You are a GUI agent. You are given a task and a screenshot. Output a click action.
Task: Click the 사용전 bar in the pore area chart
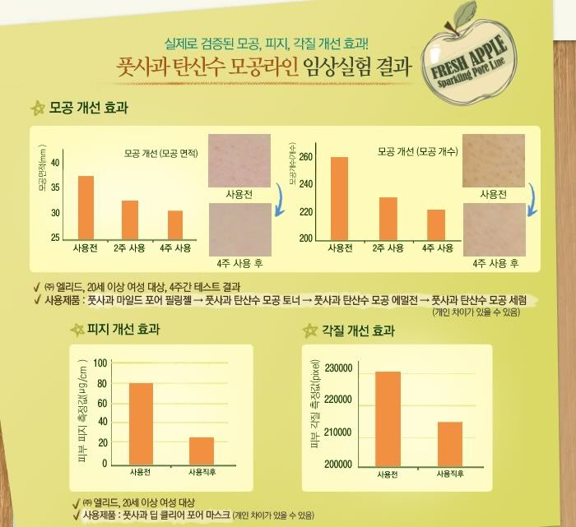86,206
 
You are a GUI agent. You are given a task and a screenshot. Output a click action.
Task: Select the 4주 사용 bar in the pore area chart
175,224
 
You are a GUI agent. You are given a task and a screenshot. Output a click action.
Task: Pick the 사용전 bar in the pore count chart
339,197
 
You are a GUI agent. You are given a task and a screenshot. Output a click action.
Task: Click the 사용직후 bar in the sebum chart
202,451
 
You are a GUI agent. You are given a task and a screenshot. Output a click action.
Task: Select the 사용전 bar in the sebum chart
142,423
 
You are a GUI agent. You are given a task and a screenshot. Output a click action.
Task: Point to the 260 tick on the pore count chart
305,157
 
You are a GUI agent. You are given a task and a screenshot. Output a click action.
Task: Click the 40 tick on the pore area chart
55,163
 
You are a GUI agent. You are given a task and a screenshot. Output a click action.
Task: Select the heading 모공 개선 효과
89,108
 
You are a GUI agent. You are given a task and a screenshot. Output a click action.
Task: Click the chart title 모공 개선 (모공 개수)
417,152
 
